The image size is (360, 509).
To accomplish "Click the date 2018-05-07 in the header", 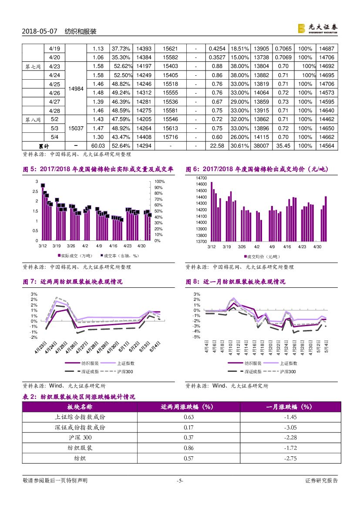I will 39,32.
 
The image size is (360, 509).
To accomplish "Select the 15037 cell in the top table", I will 76,128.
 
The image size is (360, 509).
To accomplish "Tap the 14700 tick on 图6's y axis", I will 201,178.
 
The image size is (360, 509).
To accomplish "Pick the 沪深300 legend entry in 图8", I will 287,371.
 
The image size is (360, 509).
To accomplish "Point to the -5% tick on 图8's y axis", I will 197,337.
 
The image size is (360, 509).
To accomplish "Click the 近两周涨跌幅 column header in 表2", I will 188,407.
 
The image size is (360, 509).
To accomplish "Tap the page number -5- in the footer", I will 180,481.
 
